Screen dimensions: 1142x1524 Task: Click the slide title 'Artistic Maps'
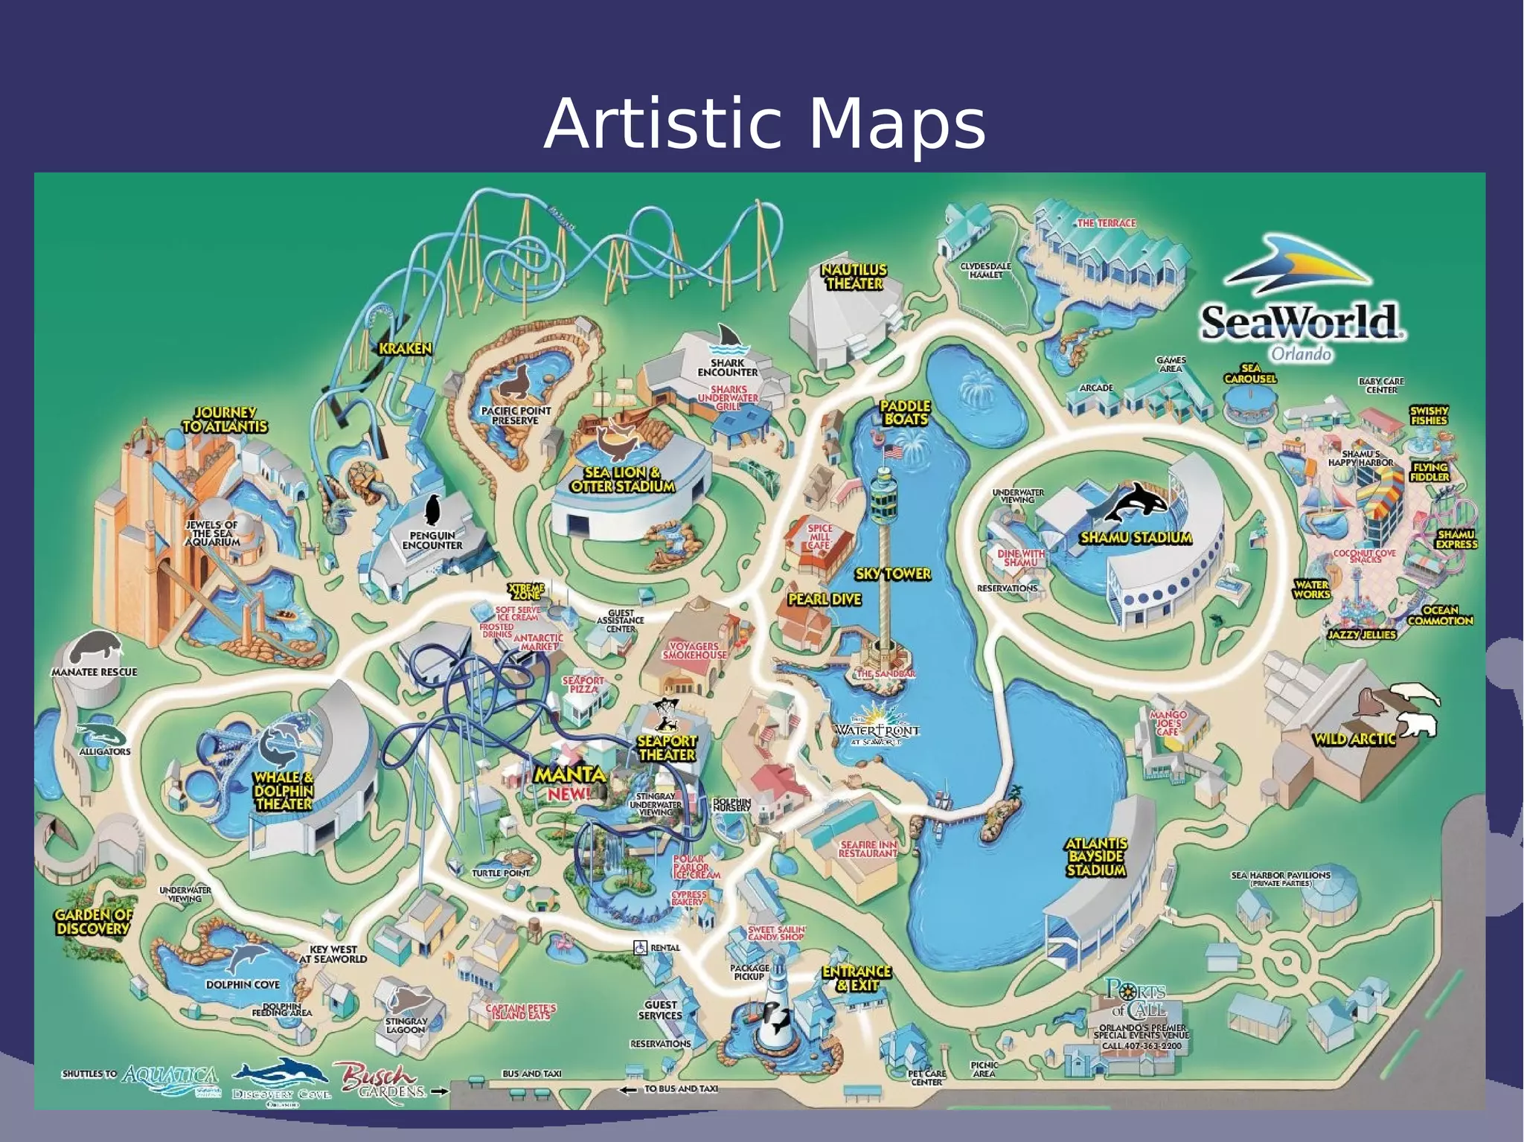pyautogui.click(x=764, y=123)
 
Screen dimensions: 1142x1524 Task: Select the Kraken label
pyautogui.click(x=405, y=348)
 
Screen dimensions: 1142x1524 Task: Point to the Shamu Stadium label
pyautogui.click(x=1136, y=537)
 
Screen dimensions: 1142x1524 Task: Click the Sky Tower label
pyautogui.click(x=893, y=574)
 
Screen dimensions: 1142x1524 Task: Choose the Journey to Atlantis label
pyautogui.click(x=225, y=420)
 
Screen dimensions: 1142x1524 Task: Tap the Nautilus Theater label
pyautogui.click(x=854, y=277)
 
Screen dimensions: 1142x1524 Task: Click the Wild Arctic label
pyautogui.click(x=1354, y=739)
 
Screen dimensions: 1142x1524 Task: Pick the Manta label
pyautogui.click(x=571, y=775)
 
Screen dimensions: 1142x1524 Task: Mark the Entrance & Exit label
pyautogui.click(x=857, y=978)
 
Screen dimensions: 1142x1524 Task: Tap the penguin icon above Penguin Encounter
pyautogui.click(x=432, y=510)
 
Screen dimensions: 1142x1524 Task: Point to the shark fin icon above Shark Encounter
pyautogui.click(x=728, y=339)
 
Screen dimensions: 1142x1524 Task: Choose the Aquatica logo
pyautogui.click(x=171, y=1079)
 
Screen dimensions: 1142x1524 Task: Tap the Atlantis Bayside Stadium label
pyautogui.click(x=1096, y=856)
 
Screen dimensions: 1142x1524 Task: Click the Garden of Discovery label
pyautogui.click(x=93, y=922)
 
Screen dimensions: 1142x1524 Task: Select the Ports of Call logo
pyautogui.click(x=1136, y=999)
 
